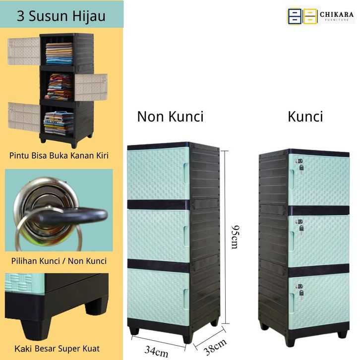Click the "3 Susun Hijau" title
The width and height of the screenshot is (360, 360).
61,16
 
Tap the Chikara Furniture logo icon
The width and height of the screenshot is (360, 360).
302,16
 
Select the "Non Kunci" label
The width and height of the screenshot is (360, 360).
170,117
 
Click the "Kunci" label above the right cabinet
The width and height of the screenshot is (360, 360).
305,117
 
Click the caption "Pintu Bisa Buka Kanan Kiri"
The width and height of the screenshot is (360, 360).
59,156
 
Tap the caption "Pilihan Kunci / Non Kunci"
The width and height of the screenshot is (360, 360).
59,260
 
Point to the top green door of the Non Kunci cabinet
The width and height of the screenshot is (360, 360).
158,174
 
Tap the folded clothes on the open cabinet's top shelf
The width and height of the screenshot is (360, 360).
59,53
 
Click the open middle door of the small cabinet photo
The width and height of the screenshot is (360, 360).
91,86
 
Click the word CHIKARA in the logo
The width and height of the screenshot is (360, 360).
337,14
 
